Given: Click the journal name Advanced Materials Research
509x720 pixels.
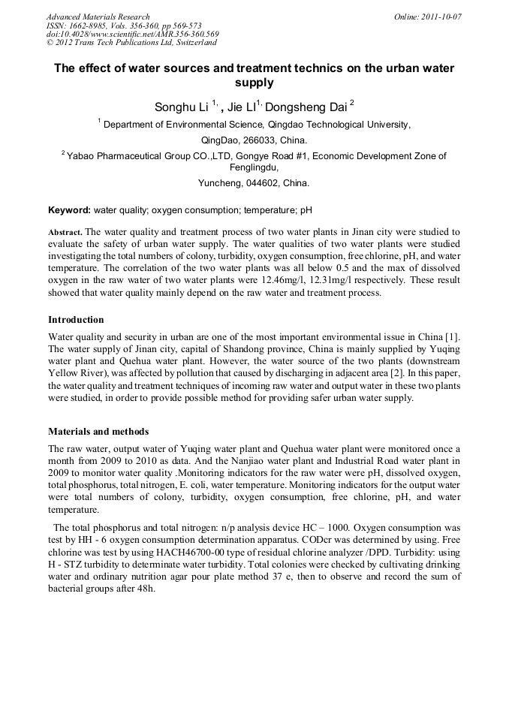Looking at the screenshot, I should click(x=98, y=17).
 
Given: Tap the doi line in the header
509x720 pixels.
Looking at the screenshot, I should click(x=132, y=34).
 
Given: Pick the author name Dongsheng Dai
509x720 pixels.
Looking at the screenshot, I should click(x=306, y=107).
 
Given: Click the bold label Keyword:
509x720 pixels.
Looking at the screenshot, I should click(x=69, y=211).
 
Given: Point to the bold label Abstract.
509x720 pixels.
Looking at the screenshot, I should click(x=65, y=232).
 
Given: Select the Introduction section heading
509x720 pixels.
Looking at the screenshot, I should click(x=76, y=320).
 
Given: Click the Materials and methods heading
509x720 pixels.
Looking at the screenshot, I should click(x=98, y=432).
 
